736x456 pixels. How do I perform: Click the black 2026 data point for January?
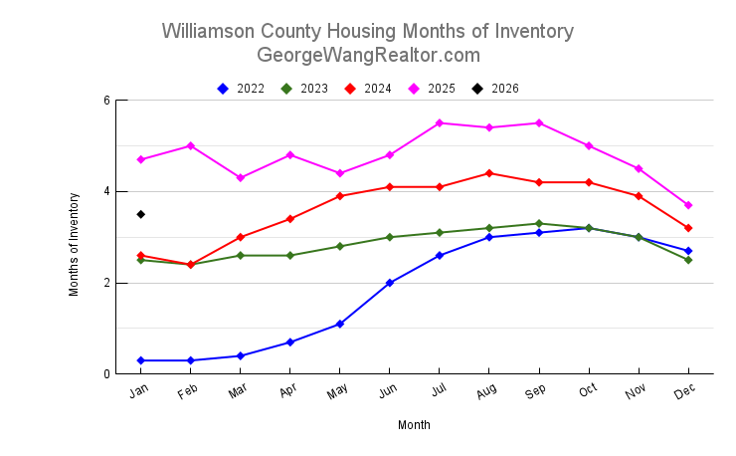coord(141,214)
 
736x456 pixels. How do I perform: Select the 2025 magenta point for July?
coord(440,123)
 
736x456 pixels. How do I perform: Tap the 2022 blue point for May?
coord(340,324)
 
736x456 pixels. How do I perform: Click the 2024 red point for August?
coord(489,173)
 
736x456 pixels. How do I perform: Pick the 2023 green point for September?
coord(539,224)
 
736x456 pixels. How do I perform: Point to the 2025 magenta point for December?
coord(688,205)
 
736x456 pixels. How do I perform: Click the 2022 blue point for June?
coord(390,283)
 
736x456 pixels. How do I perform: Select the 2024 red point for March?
coord(241,237)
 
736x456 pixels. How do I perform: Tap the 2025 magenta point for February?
coord(191,146)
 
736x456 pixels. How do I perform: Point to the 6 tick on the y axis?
coord(105,101)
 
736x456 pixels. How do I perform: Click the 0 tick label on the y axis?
coord(105,374)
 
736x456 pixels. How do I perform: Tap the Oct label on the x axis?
coord(587,392)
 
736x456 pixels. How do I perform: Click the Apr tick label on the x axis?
coord(288,392)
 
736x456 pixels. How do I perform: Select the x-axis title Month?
coord(414,425)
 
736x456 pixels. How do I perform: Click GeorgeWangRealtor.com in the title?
coord(368,55)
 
